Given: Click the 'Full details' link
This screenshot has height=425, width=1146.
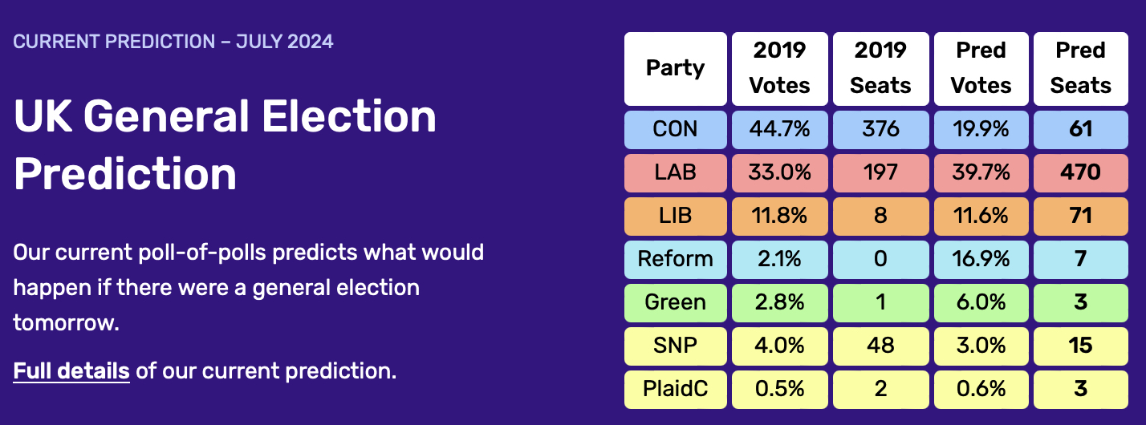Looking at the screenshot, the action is click(x=71, y=370).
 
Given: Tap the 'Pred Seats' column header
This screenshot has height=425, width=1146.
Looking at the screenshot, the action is click(x=1080, y=68).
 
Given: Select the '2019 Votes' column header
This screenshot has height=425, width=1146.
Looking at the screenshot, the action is click(x=780, y=68).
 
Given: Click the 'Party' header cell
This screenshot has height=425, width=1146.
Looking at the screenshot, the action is click(x=676, y=68).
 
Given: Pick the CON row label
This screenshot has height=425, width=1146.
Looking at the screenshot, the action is click(x=676, y=129).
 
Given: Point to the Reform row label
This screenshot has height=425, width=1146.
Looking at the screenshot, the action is click(x=676, y=259).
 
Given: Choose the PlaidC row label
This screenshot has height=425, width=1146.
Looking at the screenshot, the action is click(x=676, y=389).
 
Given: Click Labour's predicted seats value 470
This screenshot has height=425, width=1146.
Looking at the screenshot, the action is click(x=1080, y=173).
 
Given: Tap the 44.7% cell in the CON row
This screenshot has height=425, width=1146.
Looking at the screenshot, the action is click(x=780, y=129).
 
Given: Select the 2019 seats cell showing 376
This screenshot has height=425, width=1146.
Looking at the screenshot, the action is click(x=880, y=129).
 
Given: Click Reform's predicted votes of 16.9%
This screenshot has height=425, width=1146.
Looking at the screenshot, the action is click(x=981, y=259).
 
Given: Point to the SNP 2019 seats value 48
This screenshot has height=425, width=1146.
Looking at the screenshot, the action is click(x=880, y=346).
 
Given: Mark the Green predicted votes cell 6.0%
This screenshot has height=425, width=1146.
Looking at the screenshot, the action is click(x=981, y=303).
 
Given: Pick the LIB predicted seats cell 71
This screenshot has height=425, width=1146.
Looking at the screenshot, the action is click(x=1080, y=217).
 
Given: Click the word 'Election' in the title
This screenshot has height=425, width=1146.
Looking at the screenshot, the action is click(x=349, y=116).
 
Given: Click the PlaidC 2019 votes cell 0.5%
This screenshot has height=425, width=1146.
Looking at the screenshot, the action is click(x=780, y=389).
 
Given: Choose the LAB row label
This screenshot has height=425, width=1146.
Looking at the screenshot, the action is click(x=676, y=173).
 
